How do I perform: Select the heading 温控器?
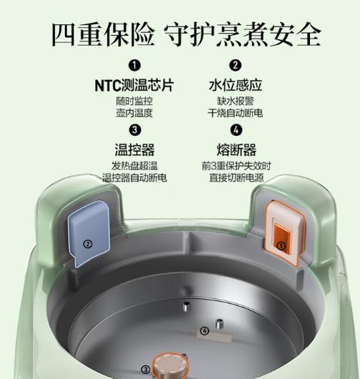[x=135, y=150]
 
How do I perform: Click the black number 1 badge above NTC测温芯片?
[x=135, y=66]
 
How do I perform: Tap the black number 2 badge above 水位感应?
[x=236, y=66]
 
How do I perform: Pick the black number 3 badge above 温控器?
[x=135, y=129]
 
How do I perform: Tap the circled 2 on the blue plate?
[x=88, y=243]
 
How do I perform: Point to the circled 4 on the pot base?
[x=205, y=331]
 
